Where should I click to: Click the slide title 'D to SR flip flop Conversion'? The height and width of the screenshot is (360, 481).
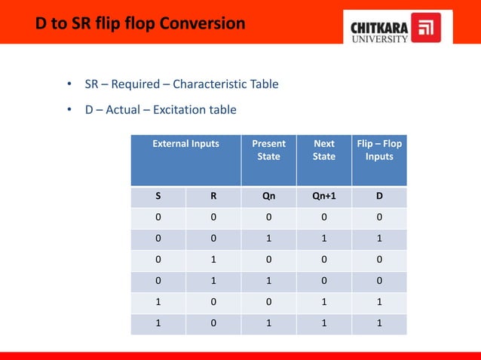coord(140,25)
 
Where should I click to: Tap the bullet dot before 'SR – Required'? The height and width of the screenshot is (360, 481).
coord(69,84)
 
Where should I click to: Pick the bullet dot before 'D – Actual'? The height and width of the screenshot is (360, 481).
coord(69,110)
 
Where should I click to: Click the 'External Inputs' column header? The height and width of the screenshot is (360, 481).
coord(185,144)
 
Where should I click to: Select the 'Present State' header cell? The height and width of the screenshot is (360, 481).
coord(268,150)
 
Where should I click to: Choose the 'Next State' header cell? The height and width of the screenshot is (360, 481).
coord(324,150)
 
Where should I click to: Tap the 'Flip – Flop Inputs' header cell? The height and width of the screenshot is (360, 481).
coord(379,150)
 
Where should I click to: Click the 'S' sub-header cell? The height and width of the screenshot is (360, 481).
coord(158,197)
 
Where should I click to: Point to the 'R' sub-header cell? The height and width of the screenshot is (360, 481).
coord(213,197)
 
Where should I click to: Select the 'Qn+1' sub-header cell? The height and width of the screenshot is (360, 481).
coord(324,197)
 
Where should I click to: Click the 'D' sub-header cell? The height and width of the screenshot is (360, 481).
coord(379,197)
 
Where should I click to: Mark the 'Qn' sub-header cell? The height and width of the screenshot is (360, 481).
coord(268,197)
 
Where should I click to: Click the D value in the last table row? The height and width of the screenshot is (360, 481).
coord(379,324)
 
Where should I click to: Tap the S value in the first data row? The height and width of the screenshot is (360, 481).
coord(158,218)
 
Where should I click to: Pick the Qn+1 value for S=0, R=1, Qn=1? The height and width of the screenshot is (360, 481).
coord(324,282)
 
